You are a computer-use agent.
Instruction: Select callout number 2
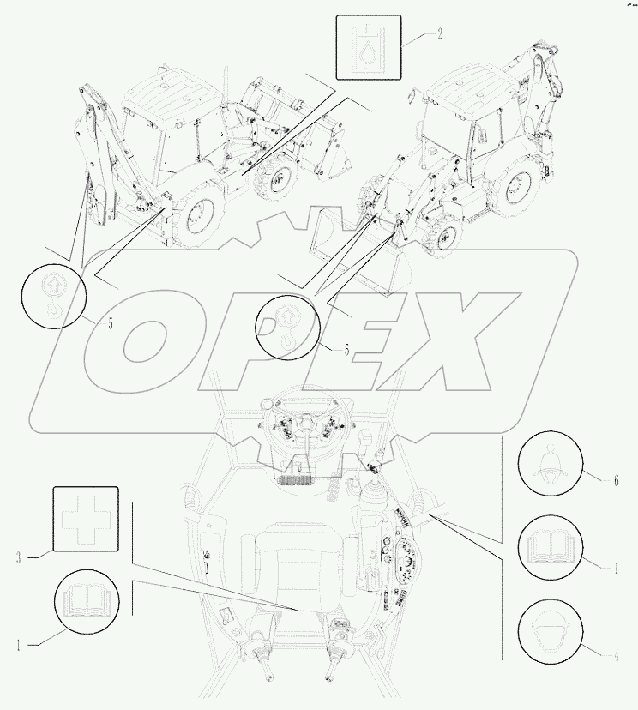pyautogui.click(x=440, y=34)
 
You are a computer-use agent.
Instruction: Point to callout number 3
pyautogui.click(x=18, y=557)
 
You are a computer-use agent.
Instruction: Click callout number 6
pyautogui.click(x=615, y=480)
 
